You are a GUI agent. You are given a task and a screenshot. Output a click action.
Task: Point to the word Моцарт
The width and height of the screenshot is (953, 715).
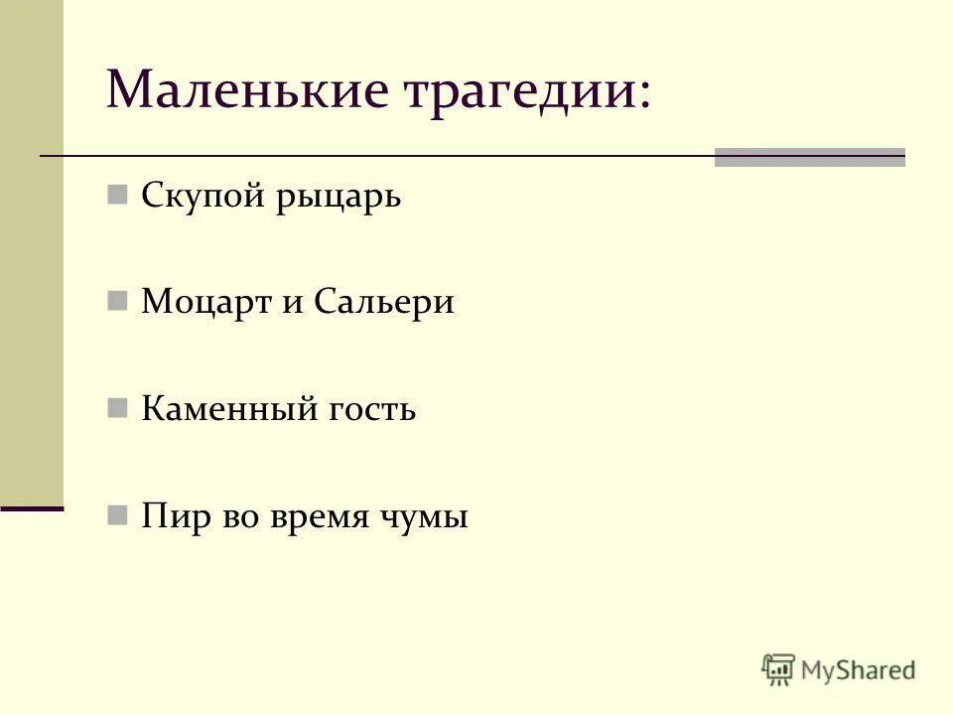coord(204,302)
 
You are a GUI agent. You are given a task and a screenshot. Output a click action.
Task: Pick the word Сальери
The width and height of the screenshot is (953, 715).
coord(384,302)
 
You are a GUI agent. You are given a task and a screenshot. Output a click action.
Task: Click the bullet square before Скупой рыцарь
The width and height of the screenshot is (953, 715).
coord(117,193)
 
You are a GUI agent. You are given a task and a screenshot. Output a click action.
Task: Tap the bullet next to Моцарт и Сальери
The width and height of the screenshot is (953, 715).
coord(117,300)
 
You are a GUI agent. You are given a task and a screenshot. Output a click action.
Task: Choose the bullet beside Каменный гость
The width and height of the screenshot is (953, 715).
coord(117,407)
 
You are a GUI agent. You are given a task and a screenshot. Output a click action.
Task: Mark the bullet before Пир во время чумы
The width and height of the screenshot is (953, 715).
coord(117,514)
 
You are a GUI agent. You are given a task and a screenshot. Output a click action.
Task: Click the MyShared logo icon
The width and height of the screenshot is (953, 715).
coord(779,669)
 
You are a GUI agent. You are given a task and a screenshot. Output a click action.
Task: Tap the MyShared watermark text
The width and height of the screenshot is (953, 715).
coord(859,670)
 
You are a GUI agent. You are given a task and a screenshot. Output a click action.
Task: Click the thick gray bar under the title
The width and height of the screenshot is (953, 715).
coord(809,157)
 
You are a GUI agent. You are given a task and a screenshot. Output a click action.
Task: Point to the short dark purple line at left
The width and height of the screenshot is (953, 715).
coord(32,507)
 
